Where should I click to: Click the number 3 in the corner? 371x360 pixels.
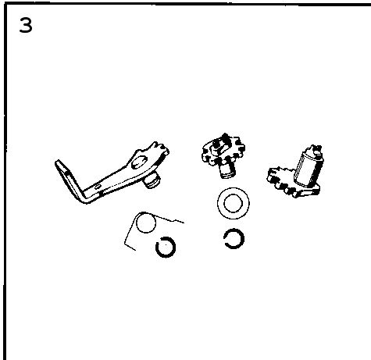coord(26,25)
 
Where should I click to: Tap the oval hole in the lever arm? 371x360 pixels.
coord(139,162)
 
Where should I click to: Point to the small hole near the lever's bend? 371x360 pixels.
coord(98,187)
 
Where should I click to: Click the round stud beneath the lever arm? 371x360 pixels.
coord(152,181)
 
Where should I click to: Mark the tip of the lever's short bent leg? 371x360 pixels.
coord(58,162)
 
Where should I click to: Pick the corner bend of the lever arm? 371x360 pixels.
coord(87,199)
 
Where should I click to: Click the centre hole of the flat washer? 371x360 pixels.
coord(233,203)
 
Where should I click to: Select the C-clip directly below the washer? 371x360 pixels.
coord(234,238)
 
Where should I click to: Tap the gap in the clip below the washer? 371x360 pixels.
coord(226,235)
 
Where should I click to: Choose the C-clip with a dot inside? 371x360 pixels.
coord(166,247)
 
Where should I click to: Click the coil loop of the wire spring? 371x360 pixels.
coord(146,223)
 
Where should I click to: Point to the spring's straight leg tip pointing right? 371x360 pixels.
coord(183,223)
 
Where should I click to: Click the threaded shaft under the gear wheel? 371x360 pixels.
coord(227,169)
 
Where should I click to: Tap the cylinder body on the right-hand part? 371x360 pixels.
coord(308,169)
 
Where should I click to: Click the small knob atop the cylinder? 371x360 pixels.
coord(316,150)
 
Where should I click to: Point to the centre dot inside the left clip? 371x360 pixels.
coord(166,244)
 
